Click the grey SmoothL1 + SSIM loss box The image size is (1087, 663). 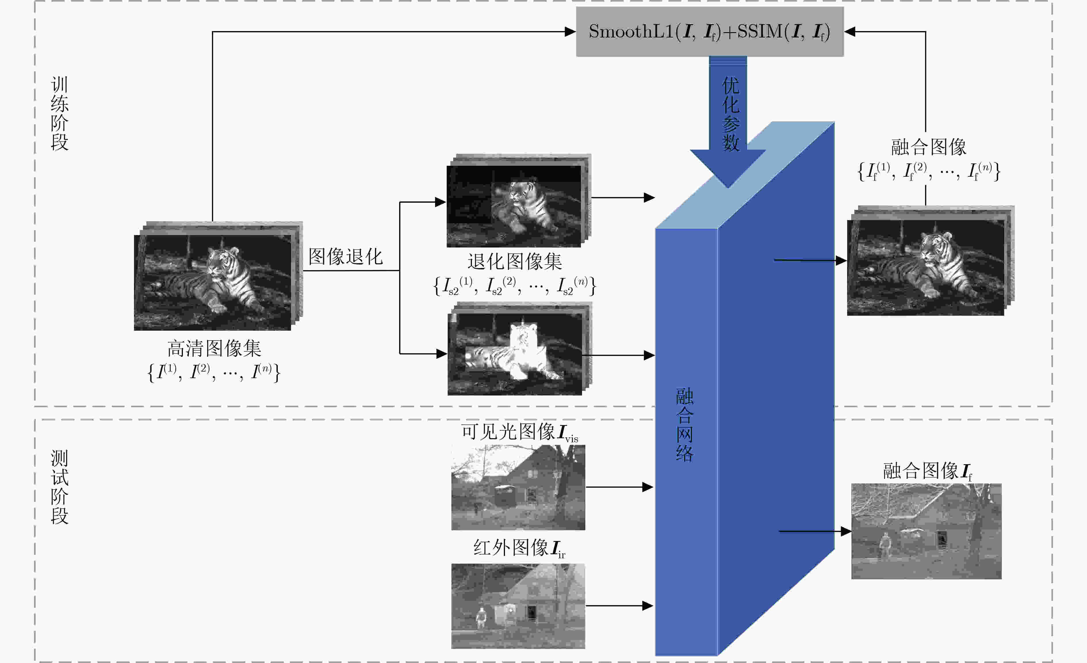pyautogui.click(x=710, y=31)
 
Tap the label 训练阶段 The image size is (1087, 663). pyautogui.click(x=60, y=113)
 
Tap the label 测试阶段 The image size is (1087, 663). pyautogui.click(x=60, y=487)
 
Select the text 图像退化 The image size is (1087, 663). pyautogui.click(x=345, y=256)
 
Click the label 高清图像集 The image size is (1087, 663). pyautogui.click(x=215, y=348)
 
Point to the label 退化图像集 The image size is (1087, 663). pyautogui.click(x=515, y=261)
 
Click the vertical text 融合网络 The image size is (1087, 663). pyautogui.click(x=685, y=425)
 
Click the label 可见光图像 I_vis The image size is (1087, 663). pyautogui.click(x=520, y=432)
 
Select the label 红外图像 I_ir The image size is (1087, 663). pyautogui.click(x=519, y=548)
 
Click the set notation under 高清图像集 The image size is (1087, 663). pyautogui.click(x=214, y=372)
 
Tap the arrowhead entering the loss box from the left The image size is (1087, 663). pyautogui.click(x=570, y=31)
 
